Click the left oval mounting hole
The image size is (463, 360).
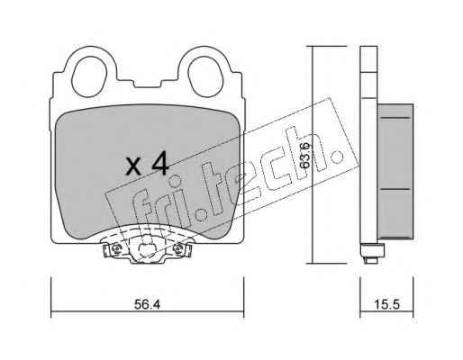[89, 76]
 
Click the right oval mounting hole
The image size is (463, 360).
[205, 76]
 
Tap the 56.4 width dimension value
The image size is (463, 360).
[147, 304]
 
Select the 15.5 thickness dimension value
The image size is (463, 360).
[386, 304]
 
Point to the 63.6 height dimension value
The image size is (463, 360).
[305, 155]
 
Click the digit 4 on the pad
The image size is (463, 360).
[159, 163]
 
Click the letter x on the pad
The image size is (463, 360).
[133, 166]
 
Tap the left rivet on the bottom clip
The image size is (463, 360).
[115, 248]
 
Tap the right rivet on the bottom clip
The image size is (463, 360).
[178, 248]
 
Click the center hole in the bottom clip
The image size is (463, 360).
[147, 249]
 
